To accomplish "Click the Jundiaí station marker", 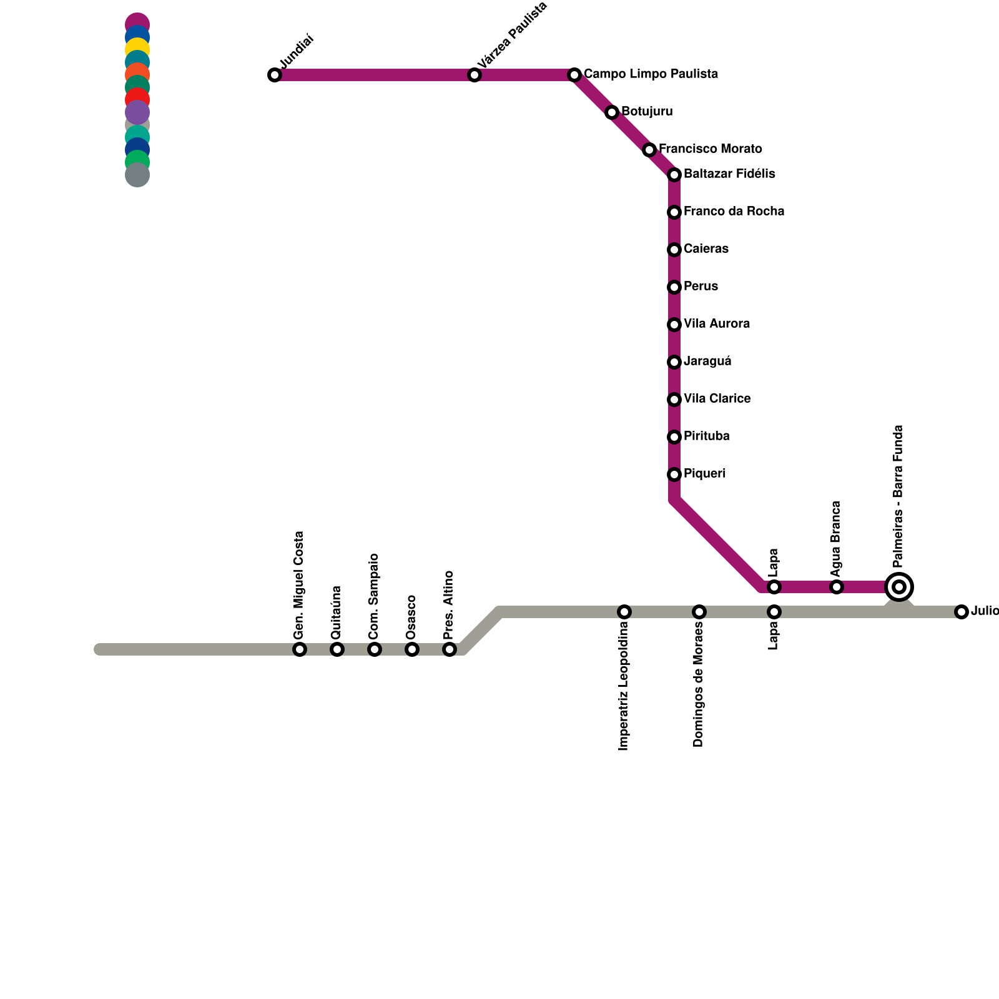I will [275, 75].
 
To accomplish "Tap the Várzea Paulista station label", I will [512, 36].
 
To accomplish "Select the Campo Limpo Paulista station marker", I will [574, 75].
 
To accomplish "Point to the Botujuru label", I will [647, 112].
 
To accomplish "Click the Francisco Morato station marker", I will [649, 150].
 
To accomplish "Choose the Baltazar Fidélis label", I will [729, 174].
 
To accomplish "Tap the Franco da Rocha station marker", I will [674, 212].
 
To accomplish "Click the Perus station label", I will [701, 287].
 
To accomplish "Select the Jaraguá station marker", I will [674, 362].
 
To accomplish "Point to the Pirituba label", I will [707, 436].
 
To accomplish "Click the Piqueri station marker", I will [674, 475].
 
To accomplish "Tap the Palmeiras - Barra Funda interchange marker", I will [899, 587].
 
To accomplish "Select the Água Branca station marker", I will [837, 587].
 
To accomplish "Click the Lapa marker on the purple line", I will [774, 587].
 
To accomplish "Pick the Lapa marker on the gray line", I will [774, 612].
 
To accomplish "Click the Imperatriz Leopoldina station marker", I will [624, 612].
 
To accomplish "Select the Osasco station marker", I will [412, 649].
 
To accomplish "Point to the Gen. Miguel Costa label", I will [299, 585].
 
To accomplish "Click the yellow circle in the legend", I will [137, 49].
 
